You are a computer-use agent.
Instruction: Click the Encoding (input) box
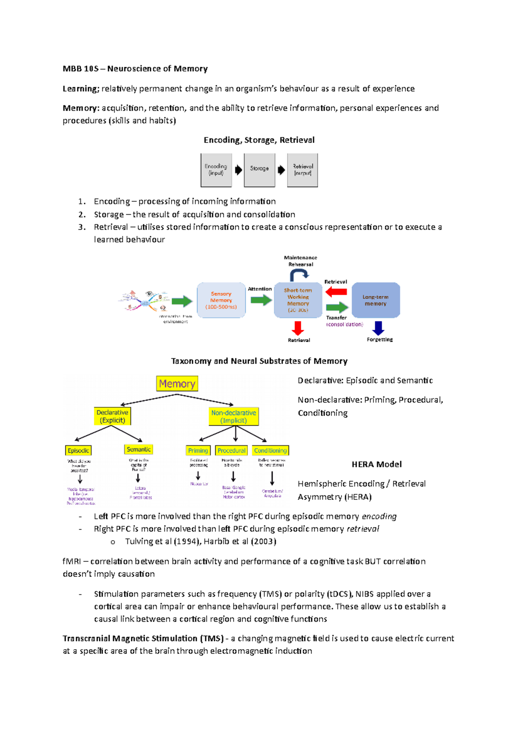[216, 170]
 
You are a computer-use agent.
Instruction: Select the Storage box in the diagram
[259, 170]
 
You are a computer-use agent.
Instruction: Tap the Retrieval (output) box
[303, 170]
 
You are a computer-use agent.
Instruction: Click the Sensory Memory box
[221, 300]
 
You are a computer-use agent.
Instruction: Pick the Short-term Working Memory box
[298, 300]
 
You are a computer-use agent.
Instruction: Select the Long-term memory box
[376, 300]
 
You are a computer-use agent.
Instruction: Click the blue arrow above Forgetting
[378, 328]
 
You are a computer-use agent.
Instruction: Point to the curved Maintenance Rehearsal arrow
[299, 274]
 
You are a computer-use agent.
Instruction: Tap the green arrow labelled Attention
[261, 300]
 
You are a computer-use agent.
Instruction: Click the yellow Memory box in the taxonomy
[177, 384]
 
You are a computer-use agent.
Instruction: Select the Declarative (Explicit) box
[112, 416]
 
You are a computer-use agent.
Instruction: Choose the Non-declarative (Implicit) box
[234, 416]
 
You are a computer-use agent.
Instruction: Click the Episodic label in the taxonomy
[79, 450]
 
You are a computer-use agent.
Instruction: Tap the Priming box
[198, 450]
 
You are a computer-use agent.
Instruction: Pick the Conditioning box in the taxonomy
[270, 450]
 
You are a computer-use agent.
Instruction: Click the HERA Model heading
[376, 464]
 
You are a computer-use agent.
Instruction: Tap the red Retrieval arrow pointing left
[336, 292]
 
